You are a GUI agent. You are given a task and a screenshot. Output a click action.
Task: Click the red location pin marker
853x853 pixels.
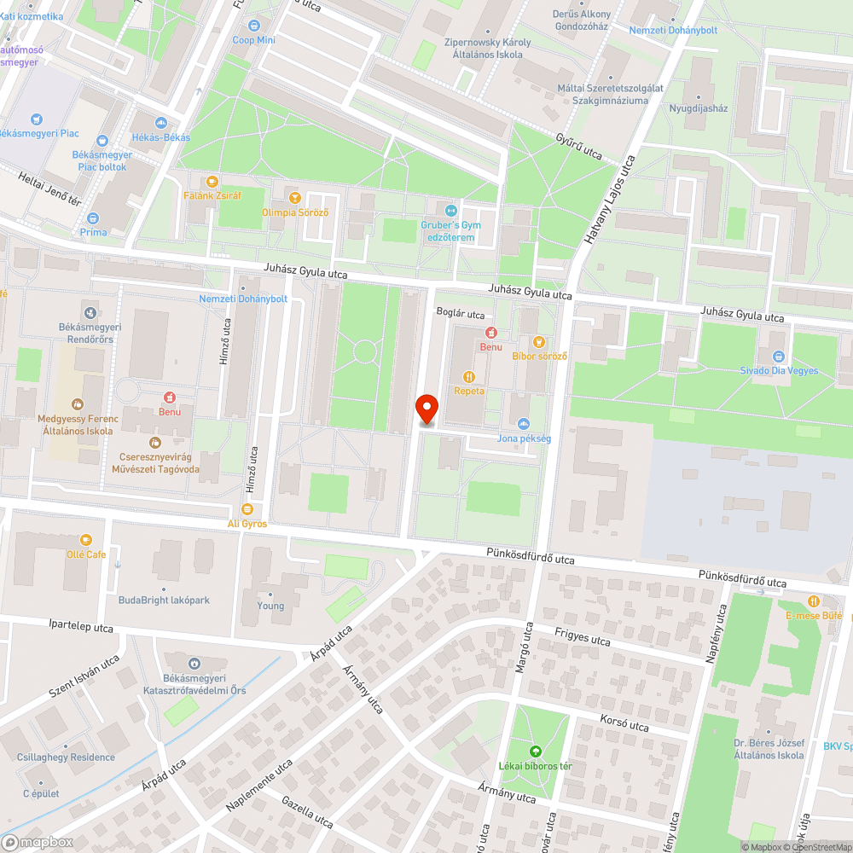coord(426,409)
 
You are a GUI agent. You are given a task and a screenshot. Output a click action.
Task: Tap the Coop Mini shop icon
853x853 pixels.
coord(241,24)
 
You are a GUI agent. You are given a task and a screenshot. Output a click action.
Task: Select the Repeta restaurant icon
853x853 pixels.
coord(468,376)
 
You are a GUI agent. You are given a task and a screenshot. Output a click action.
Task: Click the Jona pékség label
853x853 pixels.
coord(524,438)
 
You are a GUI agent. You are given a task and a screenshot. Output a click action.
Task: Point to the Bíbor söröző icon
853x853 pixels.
coord(539,341)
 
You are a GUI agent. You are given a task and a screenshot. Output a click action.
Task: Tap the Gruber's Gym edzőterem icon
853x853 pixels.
coord(451,211)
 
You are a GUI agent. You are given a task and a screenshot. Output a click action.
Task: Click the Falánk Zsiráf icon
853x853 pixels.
coord(212,181)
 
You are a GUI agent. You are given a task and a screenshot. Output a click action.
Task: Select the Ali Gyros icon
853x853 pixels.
coord(247,509)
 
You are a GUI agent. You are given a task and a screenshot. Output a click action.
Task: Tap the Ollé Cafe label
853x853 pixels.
coord(85,554)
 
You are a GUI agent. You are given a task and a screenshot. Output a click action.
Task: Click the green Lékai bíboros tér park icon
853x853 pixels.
coord(535,751)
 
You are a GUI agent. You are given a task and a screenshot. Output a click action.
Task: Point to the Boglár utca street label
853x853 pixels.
coord(461,314)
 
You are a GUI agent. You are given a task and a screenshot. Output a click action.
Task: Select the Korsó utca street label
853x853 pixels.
coord(625,724)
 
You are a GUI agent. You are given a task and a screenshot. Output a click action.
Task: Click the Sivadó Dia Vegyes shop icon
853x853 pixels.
coord(778,357)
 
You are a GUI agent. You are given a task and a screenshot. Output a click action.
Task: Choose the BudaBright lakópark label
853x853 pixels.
coord(164,600)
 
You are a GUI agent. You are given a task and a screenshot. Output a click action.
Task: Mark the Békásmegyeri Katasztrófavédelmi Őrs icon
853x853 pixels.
coord(194,663)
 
